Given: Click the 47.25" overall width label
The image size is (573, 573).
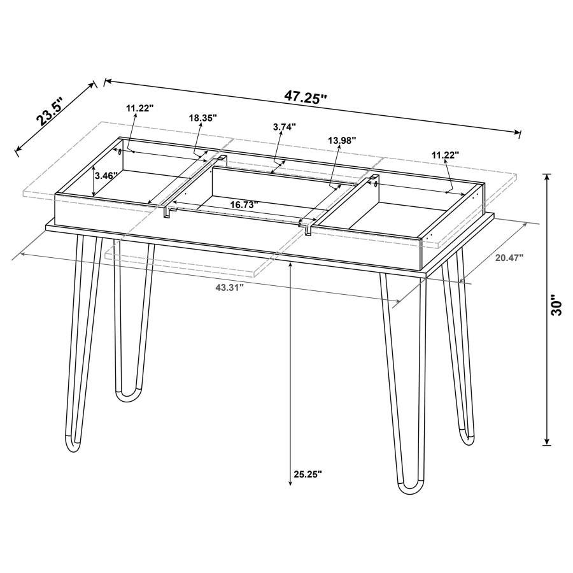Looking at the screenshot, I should point(306,97).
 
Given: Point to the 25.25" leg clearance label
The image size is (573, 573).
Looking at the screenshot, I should point(308,474).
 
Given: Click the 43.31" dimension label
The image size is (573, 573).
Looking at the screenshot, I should point(230,288).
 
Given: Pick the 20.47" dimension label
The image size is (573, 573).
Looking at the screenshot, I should point(509,257).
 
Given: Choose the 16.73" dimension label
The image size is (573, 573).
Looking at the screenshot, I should point(244,204).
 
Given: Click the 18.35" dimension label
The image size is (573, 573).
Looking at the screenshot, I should point(203,118).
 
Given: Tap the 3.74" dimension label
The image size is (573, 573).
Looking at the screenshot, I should point(285,127).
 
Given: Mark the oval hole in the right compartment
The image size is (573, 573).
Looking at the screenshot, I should point(375,184).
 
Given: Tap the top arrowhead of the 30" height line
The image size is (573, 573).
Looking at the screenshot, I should point(547,176).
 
